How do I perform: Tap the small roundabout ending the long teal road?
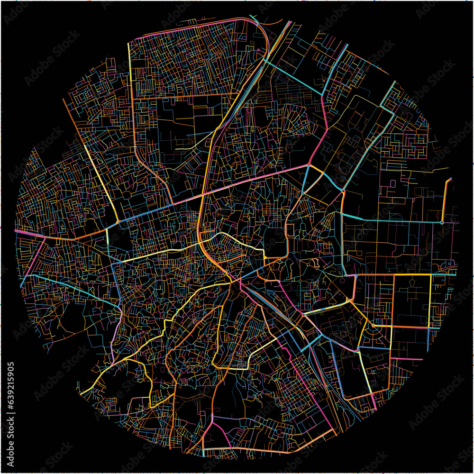[441, 222]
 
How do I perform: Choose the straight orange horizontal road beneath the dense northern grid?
[185, 96]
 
